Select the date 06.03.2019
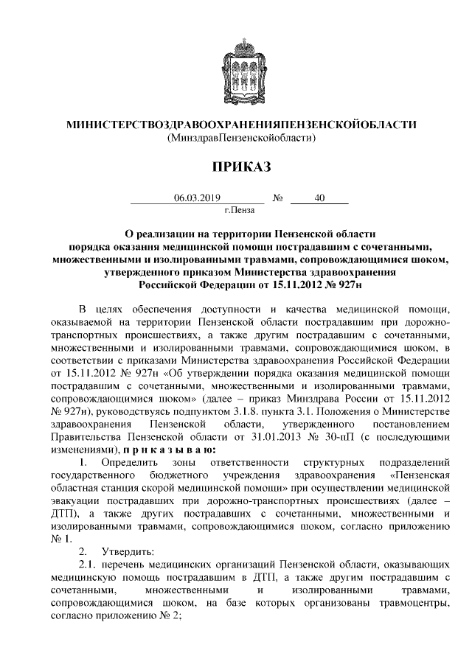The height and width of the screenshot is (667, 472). point(197,198)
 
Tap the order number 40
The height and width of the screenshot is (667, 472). point(319,198)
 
